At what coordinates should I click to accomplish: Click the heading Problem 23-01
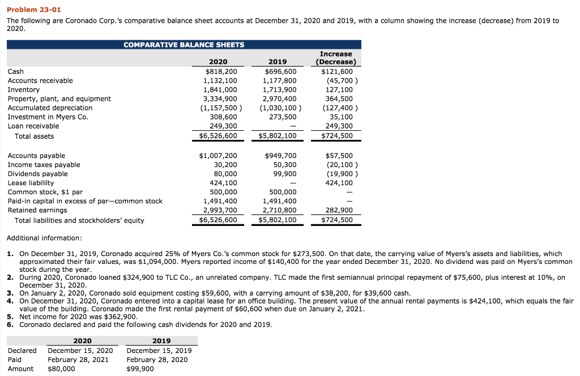pyautogui.click(x=34, y=10)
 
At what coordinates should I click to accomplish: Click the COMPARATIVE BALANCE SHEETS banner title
pyautogui.click(x=184, y=45)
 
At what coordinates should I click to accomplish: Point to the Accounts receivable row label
pyautogui.click(x=40, y=80)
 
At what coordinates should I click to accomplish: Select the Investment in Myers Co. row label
pyautogui.click(x=48, y=117)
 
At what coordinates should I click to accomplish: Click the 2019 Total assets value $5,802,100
pyautogui.click(x=278, y=136)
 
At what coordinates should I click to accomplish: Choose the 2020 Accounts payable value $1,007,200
pyautogui.click(x=218, y=156)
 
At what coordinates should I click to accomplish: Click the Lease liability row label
pyautogui.click(x=31, y=183)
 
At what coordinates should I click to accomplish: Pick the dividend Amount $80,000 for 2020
pyautogui.click(x=61, y=369)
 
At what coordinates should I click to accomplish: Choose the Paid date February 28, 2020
pyautogui.click(x=157, y=360)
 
